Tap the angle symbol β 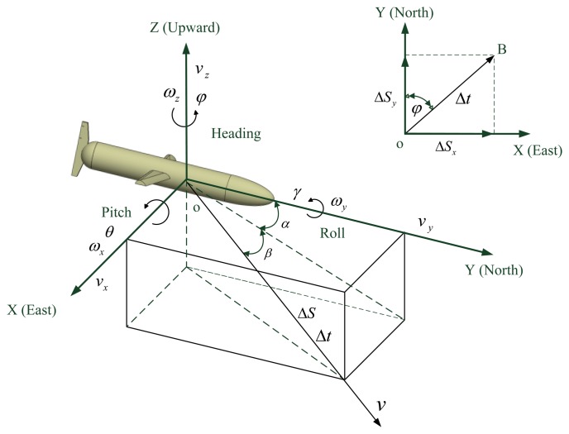coord(267,255)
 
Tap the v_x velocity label coord(79,282)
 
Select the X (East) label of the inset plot coord(537,151)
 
